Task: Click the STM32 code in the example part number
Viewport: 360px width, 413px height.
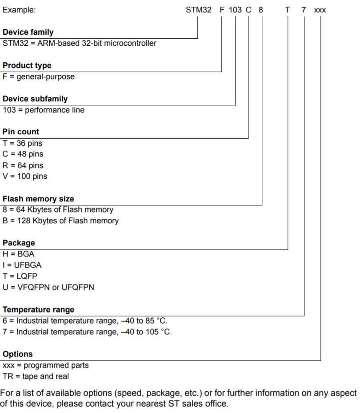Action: click(x=198, y=10)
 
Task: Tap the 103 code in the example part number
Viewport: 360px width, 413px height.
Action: click(x=235, y=10)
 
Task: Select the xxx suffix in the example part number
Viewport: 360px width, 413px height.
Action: click(x=320, y=10)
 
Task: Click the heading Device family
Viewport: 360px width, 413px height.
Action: click(x=28, y=32)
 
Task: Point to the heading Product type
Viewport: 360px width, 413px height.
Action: click(x=27, y=65)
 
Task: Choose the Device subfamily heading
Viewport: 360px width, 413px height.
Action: click(x=35, y=99)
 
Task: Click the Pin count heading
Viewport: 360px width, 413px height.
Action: click(x=21, y=132)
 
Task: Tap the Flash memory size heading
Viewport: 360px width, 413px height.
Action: click(x=38, y=199)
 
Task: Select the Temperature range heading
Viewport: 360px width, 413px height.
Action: click(x=39, y=310)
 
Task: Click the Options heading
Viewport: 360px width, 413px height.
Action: click(x=18, y=354)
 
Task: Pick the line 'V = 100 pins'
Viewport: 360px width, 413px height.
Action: click(x=25, y=176)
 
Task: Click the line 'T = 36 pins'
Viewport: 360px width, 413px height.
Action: click(x=22, y=143)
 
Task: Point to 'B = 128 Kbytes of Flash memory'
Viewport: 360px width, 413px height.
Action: click(x=60, y=221)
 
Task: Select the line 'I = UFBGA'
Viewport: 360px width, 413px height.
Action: click(x=22, y=265)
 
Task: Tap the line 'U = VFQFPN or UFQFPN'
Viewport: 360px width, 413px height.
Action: click(x=48, y=287)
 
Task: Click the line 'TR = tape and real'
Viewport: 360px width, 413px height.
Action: click(x=36, y=377)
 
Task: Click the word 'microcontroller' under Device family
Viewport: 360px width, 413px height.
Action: click(x=130, y=43)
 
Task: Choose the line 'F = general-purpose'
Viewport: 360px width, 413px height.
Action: click(x=39, y=76)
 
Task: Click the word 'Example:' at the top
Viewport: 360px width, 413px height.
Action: click(x=19, y=10)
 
